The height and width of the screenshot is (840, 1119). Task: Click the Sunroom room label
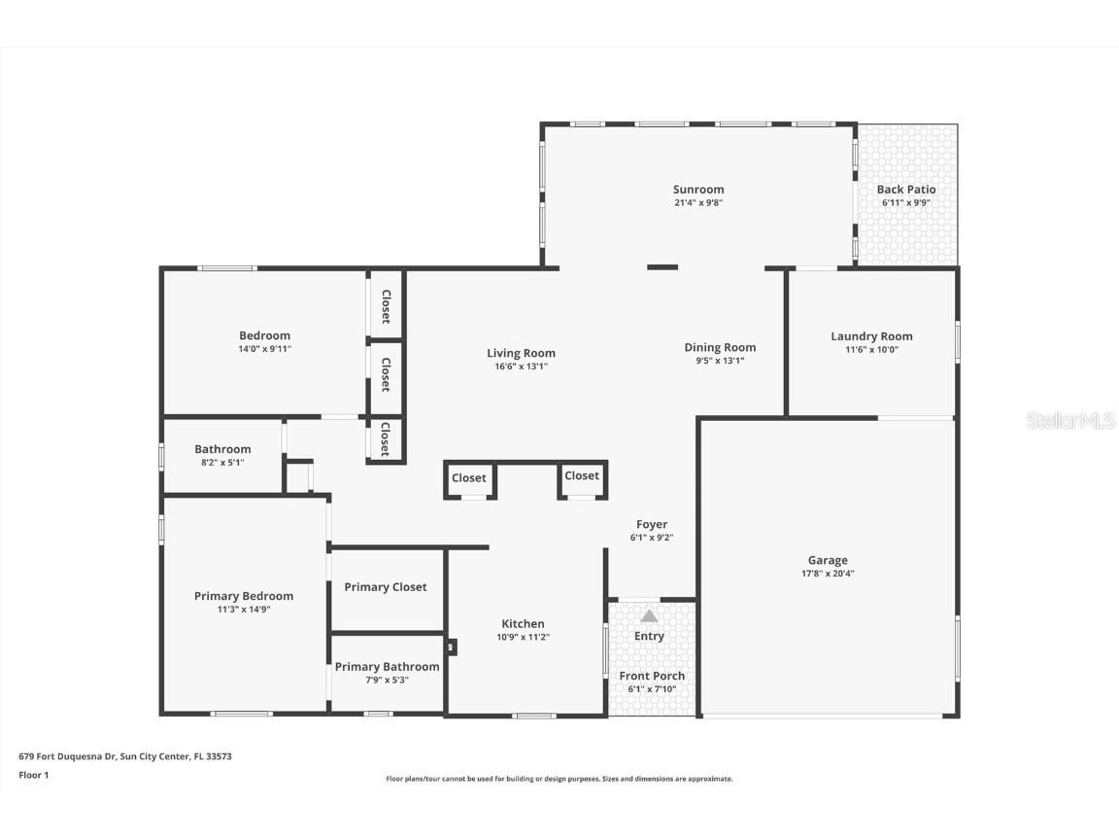click(x=698, y=190)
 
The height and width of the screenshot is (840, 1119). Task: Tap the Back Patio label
click(x=906, y=190)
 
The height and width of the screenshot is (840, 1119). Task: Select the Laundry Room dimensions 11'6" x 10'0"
click(x=871, y=350)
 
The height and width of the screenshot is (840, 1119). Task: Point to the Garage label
click(x=828, y=560)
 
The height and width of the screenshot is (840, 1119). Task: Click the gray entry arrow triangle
click(x=649, y=615)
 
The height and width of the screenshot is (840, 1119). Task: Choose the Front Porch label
click(x=652, y=676)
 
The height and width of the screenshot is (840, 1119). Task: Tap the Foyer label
click(x=651, y=524)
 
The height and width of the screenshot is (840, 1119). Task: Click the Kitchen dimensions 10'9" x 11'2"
click(x=523, y=638)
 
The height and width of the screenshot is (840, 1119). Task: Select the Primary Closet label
click(x=386, y=587)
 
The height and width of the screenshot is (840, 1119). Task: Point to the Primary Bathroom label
click(x=387, y=667)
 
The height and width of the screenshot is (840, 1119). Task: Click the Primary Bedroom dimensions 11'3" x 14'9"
click(x=243, y=610)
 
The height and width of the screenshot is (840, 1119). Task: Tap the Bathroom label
click(x=222, y=449)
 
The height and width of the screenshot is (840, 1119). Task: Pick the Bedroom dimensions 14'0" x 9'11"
click(x=264, y=349)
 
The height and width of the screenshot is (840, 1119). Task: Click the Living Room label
click(x=522, y=353)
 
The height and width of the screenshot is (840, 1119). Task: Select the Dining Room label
click(x=720, y=347)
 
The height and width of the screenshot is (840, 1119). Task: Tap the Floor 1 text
click(x=33, y=775)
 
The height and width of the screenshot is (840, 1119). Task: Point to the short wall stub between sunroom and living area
click(x=662, y=267)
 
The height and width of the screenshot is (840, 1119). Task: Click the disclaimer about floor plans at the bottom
click(x=559, y=779)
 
